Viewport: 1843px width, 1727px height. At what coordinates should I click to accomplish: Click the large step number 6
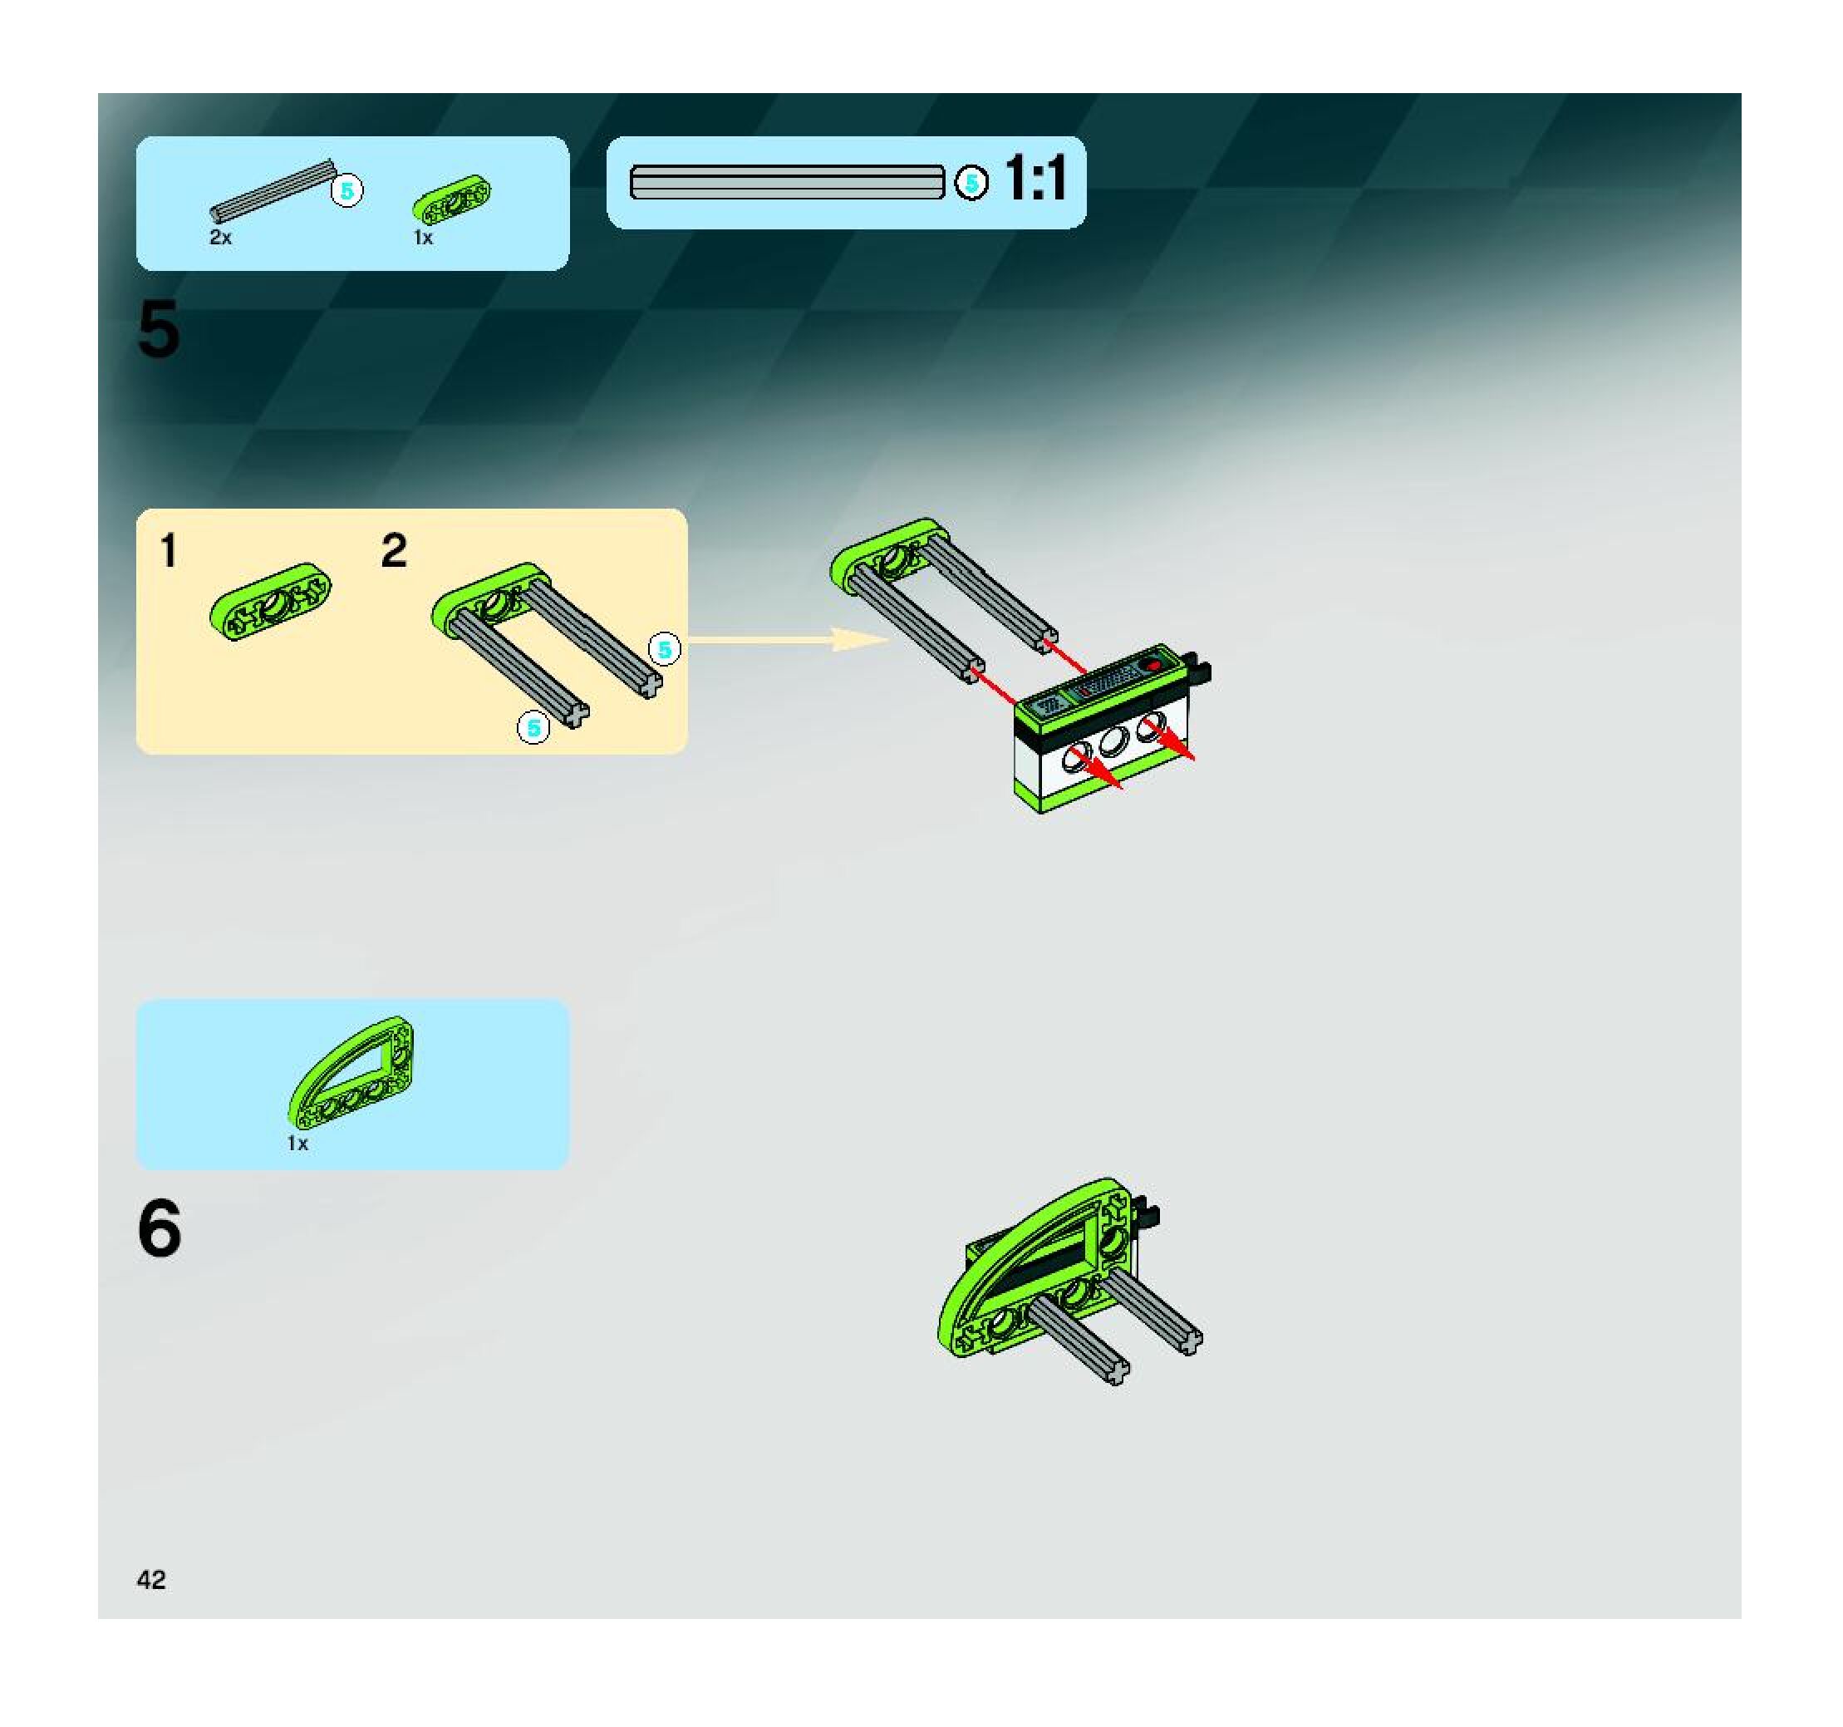(160, 1228)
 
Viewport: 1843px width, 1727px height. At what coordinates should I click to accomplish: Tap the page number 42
(151, 1580)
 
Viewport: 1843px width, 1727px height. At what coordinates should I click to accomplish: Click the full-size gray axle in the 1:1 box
(787, 182)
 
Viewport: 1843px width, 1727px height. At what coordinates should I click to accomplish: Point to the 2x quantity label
(221, 238)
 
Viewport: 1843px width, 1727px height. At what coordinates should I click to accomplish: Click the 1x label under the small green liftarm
(424, 239)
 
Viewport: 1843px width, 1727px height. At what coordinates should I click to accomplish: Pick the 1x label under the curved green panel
(297, 1144)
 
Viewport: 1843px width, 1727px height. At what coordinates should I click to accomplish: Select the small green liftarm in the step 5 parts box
(451, 199)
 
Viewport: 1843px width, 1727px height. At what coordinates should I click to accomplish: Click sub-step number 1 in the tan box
(168, 551)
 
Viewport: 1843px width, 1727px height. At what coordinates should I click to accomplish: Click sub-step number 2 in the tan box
(394, 551)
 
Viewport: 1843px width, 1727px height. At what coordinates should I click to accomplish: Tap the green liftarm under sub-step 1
(270, 601)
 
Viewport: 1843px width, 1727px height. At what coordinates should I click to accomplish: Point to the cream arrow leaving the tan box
(788, 640)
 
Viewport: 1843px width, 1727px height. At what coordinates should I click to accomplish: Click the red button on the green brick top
(1153, 665)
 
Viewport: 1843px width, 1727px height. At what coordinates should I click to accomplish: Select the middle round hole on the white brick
(1113, 740)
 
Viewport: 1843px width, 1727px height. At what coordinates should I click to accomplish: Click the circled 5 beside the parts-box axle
(346, 191)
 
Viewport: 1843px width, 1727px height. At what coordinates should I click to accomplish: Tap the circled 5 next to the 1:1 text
(971, 182)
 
